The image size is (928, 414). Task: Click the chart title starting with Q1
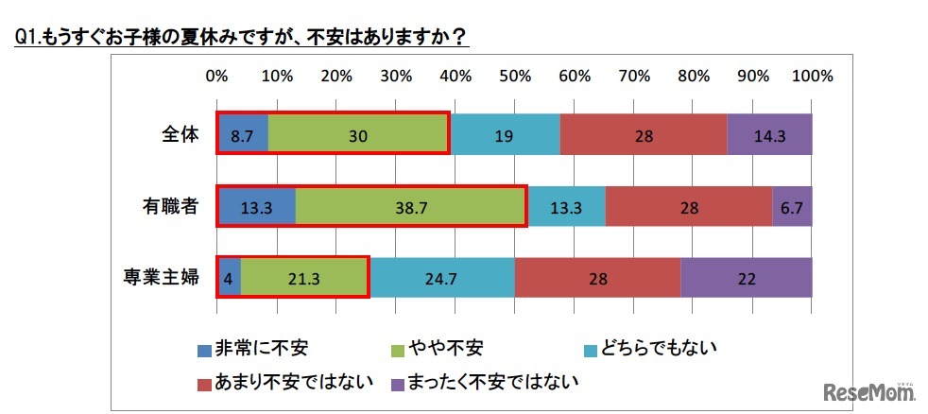[241, 37]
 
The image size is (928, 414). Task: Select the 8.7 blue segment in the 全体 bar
[243, 135]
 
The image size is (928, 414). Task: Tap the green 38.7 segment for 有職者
[410, 206]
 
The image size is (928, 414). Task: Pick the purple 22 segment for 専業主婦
[746, 277]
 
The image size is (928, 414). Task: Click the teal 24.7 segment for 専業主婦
[441, 277]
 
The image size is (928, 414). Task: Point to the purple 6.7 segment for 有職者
[792, 206]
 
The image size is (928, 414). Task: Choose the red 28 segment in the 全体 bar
[644, 135]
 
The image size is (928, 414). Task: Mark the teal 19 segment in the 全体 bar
[504, 135]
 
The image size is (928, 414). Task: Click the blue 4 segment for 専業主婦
[229, 277]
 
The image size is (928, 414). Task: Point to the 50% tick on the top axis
[514, 76]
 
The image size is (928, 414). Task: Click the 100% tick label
[812, 76]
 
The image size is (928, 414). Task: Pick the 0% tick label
[216, 76]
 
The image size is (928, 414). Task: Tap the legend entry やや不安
[443, 349]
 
